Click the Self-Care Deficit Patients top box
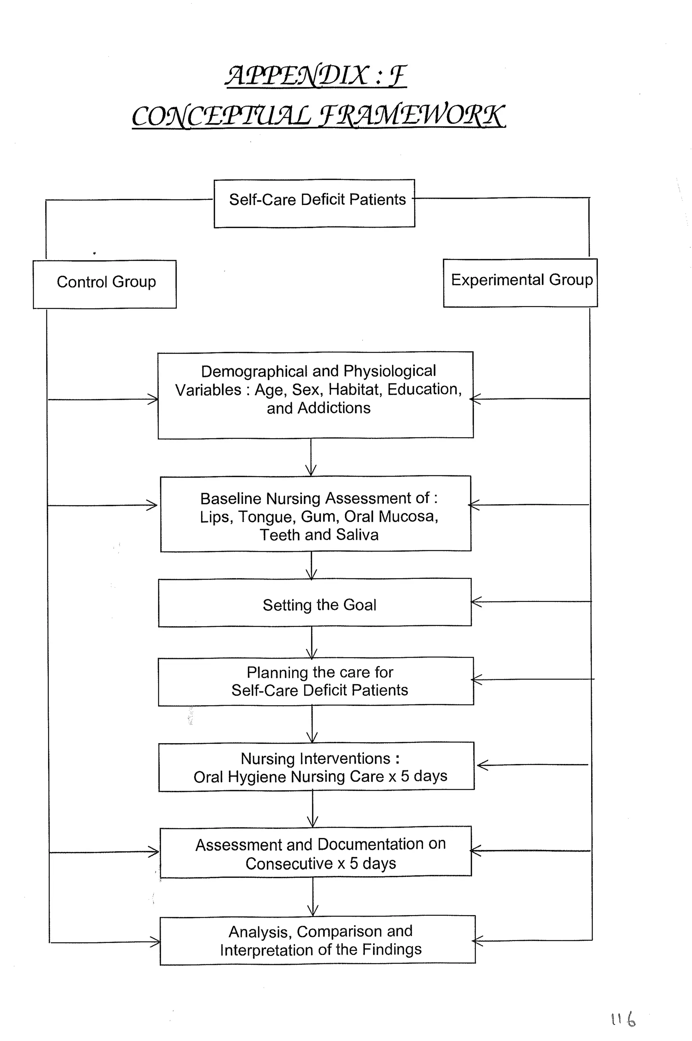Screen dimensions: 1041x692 point(315,203)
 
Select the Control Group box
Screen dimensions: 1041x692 point(105,284)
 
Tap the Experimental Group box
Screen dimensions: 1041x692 point(520,282)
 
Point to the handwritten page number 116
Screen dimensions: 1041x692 point(623,1019)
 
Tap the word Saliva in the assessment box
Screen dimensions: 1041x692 point(357,535)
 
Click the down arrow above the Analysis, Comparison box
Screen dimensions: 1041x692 point(313,910)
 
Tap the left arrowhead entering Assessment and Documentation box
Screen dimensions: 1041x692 point(154,852)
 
